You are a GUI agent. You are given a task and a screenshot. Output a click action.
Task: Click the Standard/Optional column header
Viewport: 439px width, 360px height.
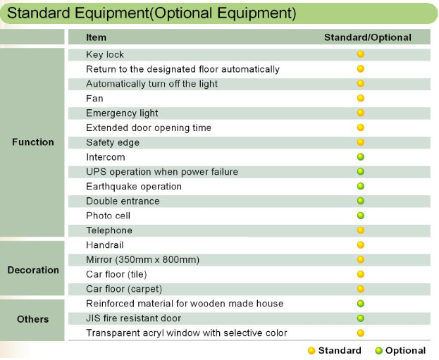(x=368, y=37)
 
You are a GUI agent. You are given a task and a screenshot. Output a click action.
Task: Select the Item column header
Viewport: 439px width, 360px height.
(x=96, y=37)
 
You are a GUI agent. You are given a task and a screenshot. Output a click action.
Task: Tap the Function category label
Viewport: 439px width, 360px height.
(x=32, y=142)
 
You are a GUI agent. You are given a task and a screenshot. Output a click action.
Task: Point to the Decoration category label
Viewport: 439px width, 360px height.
(x=33, y=270)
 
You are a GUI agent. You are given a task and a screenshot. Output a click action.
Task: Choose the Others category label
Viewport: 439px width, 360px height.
(x=32, y=319)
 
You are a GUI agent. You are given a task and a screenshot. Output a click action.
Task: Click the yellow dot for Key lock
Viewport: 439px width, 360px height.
(x=361, y=54)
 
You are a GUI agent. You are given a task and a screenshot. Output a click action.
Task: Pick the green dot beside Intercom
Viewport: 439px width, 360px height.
(x=361, y=157)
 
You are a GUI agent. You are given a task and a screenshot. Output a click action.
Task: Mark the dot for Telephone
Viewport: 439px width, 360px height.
(x=361, y=230)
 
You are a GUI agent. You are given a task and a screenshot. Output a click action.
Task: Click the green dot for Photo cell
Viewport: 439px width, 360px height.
(x=361, y=216)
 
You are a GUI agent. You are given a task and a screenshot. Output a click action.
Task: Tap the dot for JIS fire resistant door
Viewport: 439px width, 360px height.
(x=361, y=318)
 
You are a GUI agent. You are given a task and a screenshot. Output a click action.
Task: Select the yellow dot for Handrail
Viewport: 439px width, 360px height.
(x=361, y=245)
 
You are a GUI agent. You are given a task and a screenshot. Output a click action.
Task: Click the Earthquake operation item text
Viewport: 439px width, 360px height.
(x=134, y=187)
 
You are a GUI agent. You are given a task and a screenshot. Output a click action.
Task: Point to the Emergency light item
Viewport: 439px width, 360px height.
(x=122, y=113)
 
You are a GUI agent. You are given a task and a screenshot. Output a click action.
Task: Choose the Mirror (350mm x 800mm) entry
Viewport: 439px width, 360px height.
(x=143, y=259)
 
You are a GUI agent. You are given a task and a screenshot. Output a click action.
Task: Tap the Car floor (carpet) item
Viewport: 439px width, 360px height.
(x=124, y=289)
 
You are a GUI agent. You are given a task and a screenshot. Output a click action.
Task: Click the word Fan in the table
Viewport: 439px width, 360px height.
(x=94, y=98)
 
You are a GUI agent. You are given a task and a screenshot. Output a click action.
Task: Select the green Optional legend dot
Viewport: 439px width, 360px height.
(x=378, y=350)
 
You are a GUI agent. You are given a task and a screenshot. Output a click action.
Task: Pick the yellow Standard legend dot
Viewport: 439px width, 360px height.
(x=311, y=350)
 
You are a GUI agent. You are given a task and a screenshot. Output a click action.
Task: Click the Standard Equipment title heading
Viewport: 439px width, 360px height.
(x=152, y=13)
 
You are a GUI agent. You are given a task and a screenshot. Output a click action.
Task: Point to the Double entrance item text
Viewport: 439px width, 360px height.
(x=123, y=201)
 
